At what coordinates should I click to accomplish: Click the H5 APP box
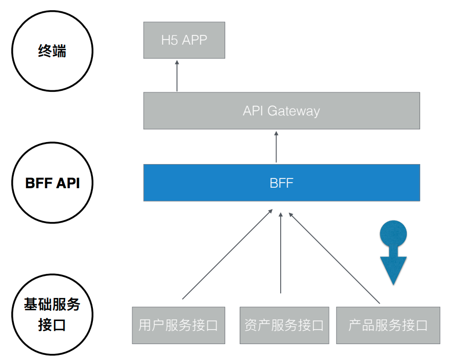[x=184, y=40]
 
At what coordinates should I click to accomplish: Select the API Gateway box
[x=281, y=111]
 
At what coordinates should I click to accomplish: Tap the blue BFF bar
[x=281, y=183]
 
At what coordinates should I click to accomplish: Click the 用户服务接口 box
[x=178, y=325]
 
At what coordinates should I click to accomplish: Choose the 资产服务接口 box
[x=284, y=325]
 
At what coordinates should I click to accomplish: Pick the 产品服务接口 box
[x=388, y=325]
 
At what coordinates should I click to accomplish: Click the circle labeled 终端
[x=52, y=51]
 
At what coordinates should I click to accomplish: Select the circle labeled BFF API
[x=52, y=183]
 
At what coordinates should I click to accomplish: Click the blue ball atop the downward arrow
[x=393, y=234]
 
